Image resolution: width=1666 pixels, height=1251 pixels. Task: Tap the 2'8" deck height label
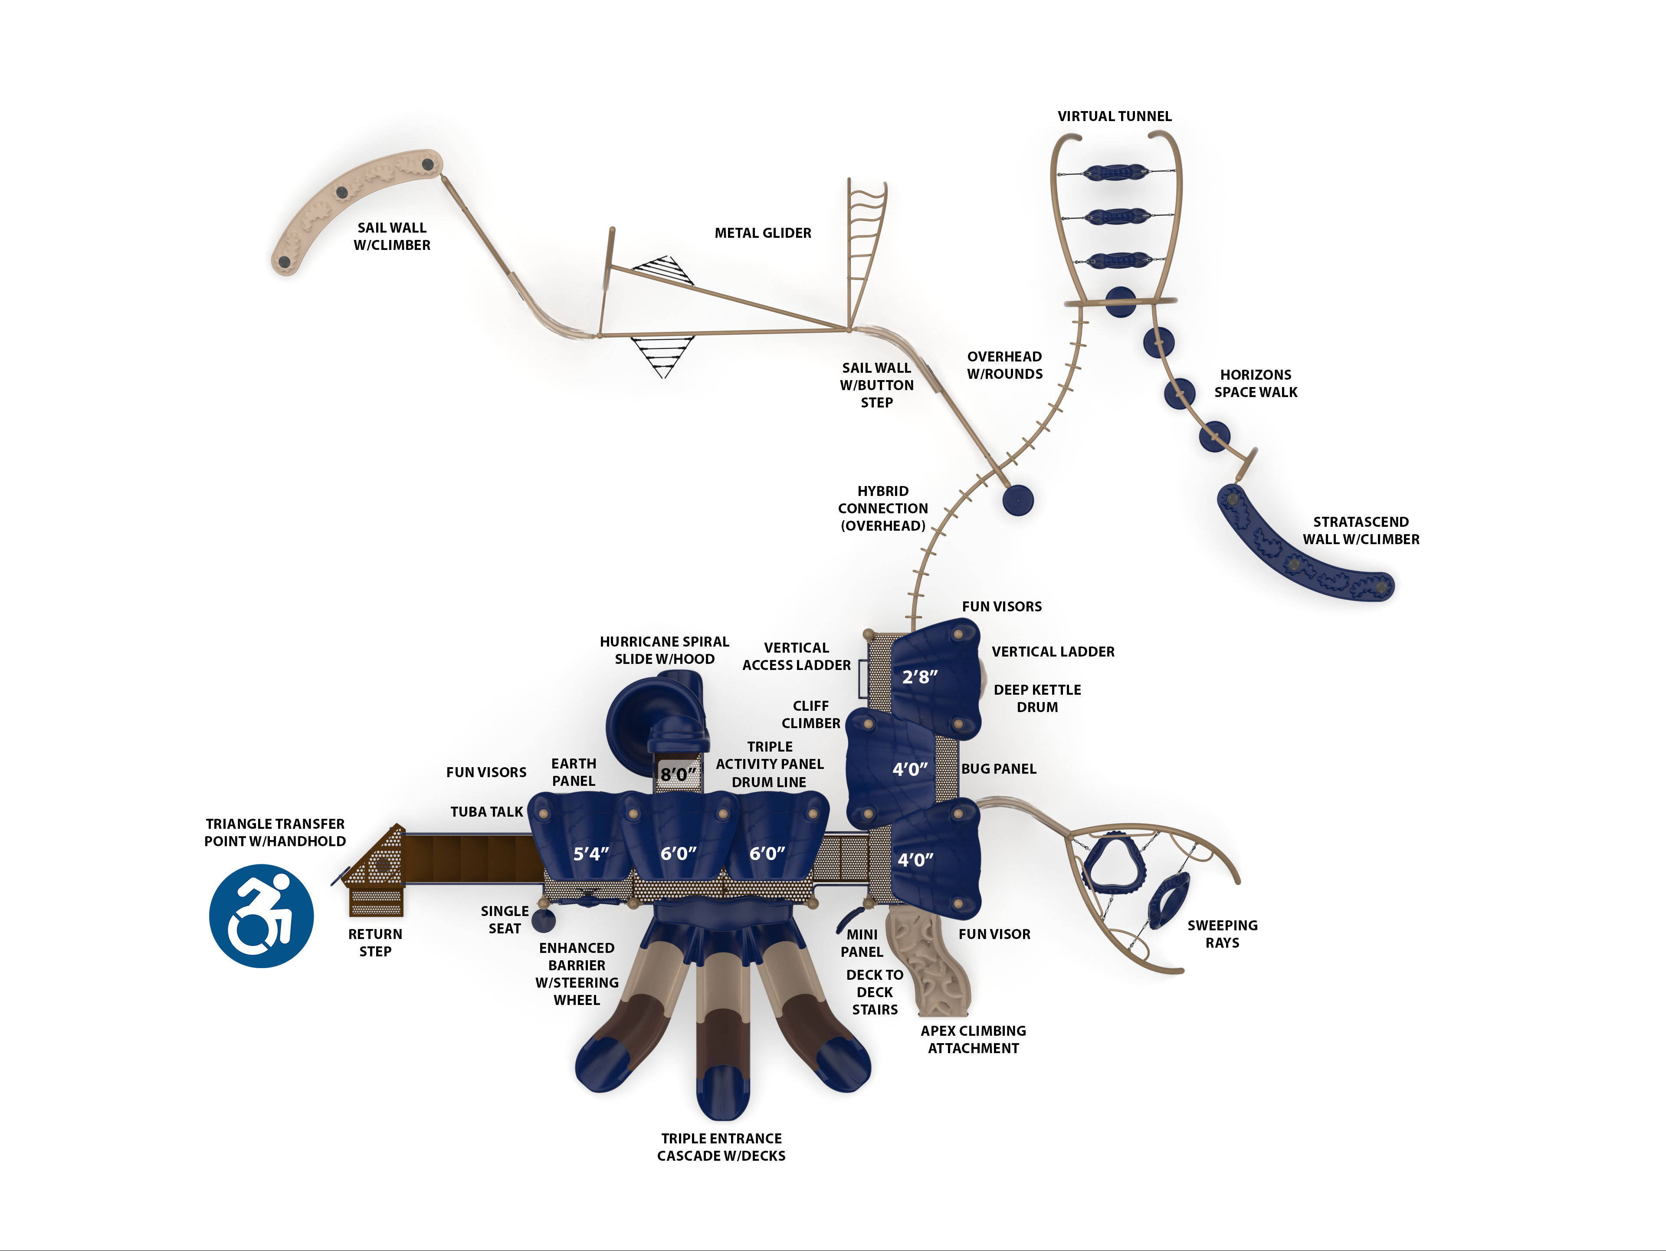pos(920,677)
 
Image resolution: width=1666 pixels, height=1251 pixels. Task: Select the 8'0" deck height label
pos(678,774)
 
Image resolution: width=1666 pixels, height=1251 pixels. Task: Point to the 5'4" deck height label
pos(590,854)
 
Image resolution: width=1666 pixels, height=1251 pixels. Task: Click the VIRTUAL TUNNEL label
pos(1114,116)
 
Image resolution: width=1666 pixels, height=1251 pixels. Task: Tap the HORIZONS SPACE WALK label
pos(1256,383)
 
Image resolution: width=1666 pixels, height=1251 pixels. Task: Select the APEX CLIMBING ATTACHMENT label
pos(973,1039)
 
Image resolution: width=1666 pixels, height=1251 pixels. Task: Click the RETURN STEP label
pos(375,942)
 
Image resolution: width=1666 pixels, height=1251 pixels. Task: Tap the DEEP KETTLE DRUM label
pos(1037,698)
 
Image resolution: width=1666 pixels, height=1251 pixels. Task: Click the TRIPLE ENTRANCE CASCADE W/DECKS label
pos(721,1147)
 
